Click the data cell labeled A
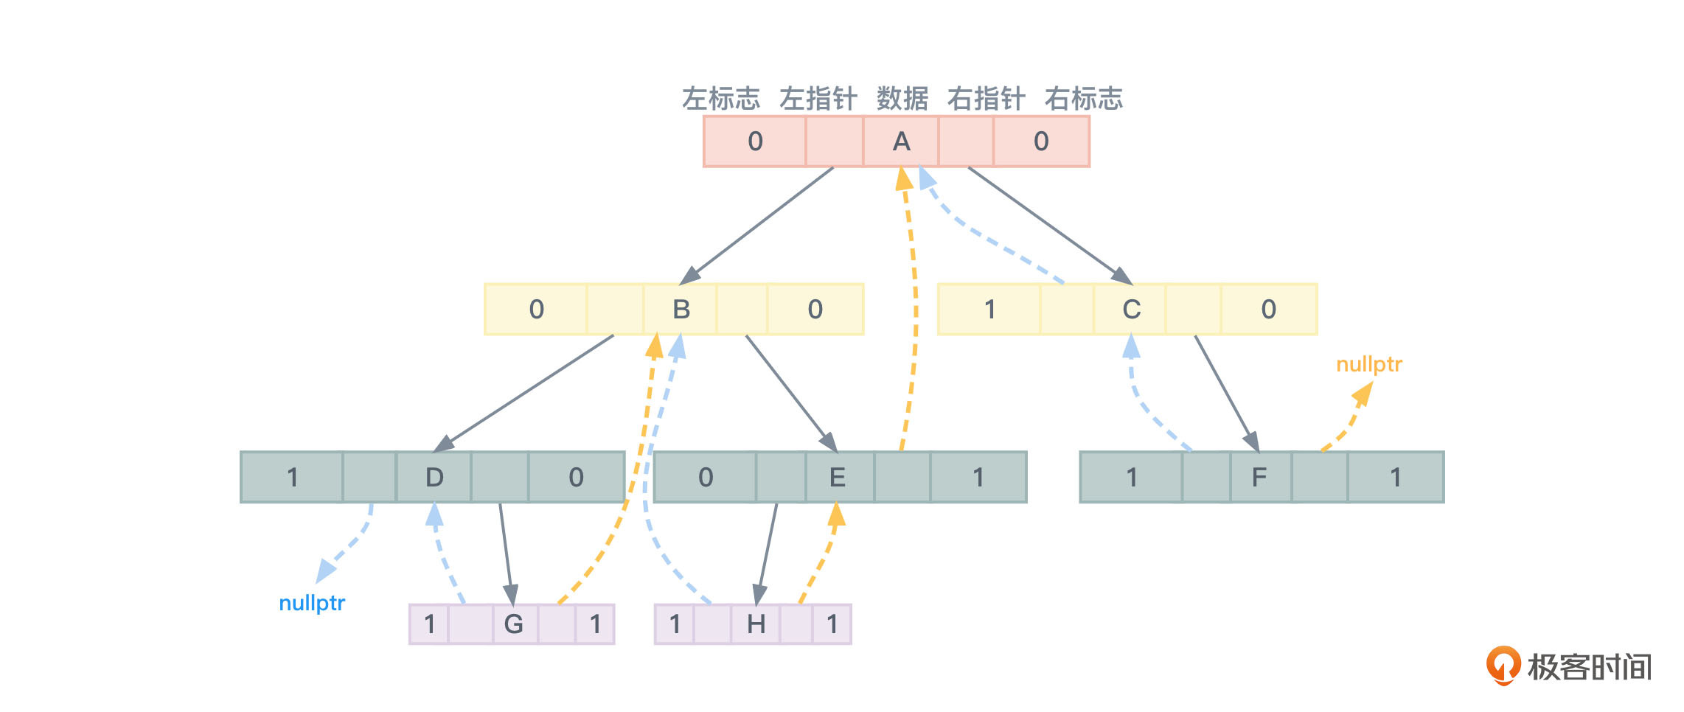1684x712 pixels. tap(901, 142)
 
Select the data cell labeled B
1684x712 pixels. tap(681, 310)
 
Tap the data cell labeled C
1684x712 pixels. tap(1131, 310)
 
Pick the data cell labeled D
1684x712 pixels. tap(434, 478)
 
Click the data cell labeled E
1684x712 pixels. tap(838, 478)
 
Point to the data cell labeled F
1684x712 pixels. tap(1259, 478)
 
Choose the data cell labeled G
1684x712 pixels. tap(514, 625)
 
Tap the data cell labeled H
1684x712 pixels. tap(756, 625)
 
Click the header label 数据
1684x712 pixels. tap(902, 99)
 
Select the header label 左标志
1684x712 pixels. tap(720, 99)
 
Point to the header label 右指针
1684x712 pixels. tap(986, 99)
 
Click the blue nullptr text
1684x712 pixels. tap(312, 603)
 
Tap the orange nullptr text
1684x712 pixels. tap(1369, 364)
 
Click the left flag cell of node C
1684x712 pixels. tap(989, 310)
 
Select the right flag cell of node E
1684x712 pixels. tap(978, 478)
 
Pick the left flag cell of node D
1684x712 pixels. tap(293, 478)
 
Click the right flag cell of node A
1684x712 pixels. tap(1041, 142)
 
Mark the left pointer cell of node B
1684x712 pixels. tap(616, 310)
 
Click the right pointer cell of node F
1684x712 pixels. tap(1320, 478)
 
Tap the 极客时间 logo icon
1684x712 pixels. tap(1503, 665)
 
